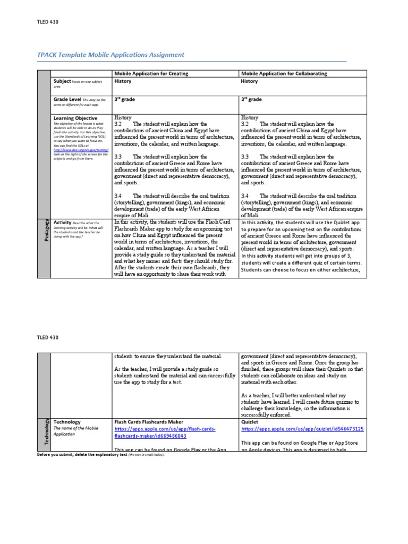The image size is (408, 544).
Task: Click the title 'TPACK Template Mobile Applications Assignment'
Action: coord(110,55)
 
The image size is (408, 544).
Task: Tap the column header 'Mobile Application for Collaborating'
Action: coord(284,73)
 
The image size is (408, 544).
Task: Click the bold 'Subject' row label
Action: coord(62,81)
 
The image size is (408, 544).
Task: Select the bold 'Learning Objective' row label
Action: coord(75,118)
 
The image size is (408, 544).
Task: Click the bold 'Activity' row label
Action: coord(63,223)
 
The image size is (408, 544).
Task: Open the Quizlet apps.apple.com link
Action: coord(302,429)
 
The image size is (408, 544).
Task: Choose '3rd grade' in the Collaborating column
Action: coord(251,99)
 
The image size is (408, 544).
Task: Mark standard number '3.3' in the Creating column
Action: coord(118,157)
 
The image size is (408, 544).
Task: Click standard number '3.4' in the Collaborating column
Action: coord(245,195)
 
